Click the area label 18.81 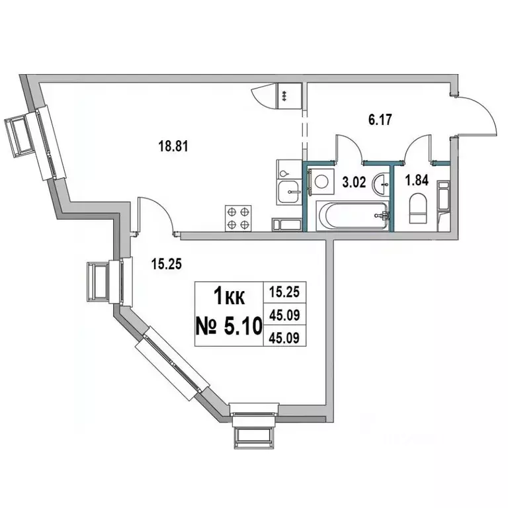174,147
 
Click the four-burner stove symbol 239,218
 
